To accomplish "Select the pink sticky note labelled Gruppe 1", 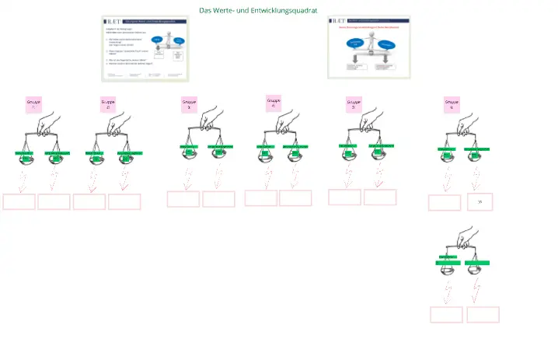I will click(x=34, y=105).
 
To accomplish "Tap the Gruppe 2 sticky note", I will click(x=108, y=105).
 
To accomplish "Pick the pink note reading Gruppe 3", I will click(x=190, y=105).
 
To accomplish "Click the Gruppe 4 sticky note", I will click(x=274, y=103).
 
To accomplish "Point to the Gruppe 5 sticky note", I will click(x=354, y=105).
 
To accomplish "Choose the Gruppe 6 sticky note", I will click(x=452, y=105).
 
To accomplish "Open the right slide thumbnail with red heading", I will click(x=369, y=47).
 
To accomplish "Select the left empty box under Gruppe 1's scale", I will click(x=19, y=202).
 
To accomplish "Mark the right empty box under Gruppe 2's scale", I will click(x=124, y=202).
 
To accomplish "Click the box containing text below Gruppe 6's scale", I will click(x=480, y=202).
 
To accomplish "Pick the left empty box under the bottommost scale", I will click(x=446, y=314).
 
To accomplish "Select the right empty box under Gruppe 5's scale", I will click(x=380, y=197).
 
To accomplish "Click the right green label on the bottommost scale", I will click(x=477, y=264).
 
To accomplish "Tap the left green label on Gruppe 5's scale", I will click(x=347, y=146).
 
